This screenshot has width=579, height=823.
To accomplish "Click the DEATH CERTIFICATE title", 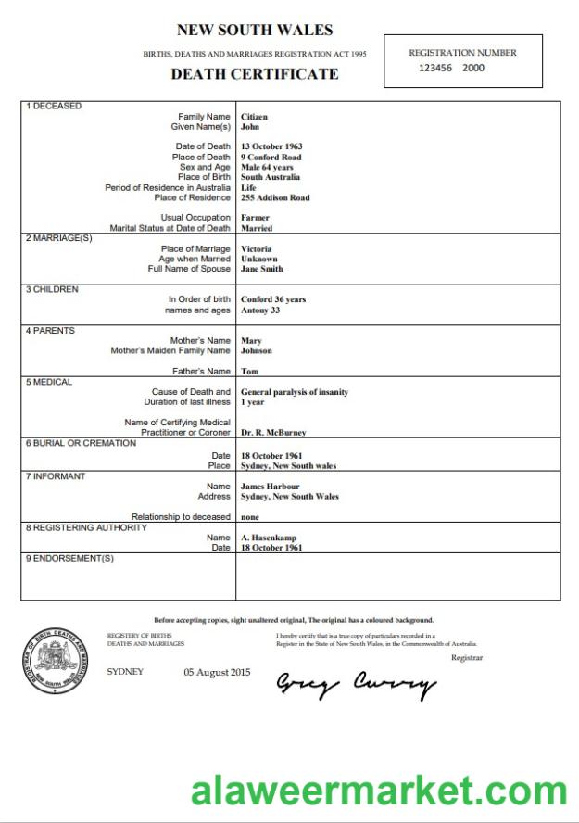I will tap(254, 74).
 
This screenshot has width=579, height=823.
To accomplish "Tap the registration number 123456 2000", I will tap(451, 68).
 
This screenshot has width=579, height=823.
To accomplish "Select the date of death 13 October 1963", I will tap(271, 146).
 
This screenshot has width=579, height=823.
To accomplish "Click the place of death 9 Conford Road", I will tap(271, 157).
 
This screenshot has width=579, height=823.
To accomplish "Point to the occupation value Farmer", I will tap(255, 218).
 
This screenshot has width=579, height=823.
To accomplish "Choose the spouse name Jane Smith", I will tap(261, 269).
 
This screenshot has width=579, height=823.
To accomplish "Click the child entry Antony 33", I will tap(260, 310).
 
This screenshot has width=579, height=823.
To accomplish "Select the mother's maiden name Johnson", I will tap(257, 351).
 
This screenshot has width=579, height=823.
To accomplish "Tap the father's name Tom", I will tap(249, 372).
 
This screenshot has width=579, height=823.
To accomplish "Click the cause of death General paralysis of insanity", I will tap(295, 392).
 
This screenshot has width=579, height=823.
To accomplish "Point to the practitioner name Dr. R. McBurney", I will tap(273, 433).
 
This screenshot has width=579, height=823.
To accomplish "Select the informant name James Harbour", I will tap(270, 486).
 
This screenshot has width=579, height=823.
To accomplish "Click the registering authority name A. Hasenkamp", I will tap(270, 538).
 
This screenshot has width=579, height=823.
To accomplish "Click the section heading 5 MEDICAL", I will tap(49, 382).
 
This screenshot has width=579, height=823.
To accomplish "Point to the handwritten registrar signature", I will tap(356, 685).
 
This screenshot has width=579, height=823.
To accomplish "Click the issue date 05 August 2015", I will tap(217, 672).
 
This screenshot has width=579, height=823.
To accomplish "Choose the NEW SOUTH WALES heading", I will tap(254, 31).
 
